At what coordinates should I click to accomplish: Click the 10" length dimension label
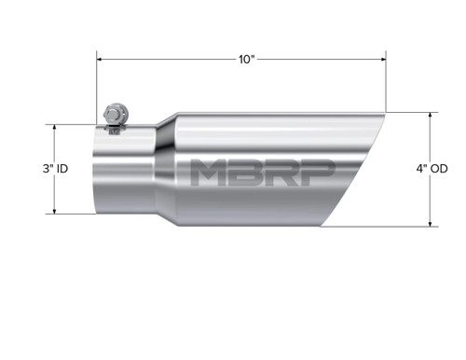245,59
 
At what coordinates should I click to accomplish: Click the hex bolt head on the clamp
113,111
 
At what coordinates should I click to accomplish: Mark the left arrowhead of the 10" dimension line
100,59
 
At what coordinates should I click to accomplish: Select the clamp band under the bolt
115,128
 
